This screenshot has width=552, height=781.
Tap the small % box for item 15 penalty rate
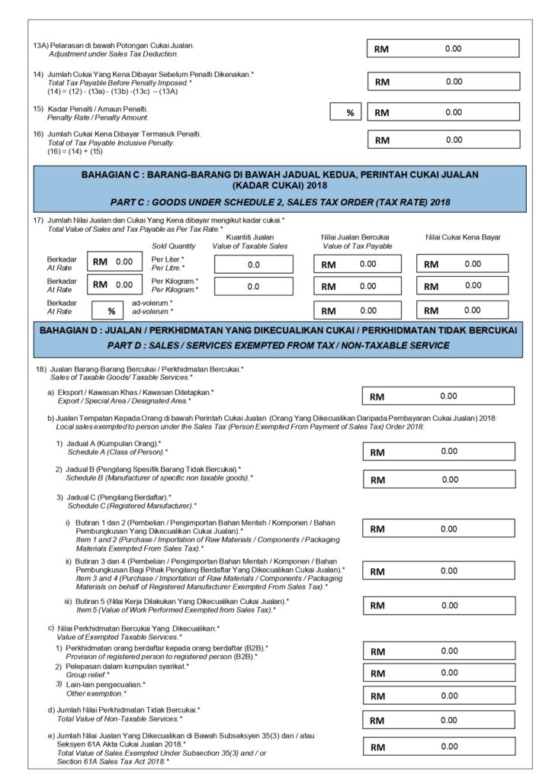click(x=349, y=113)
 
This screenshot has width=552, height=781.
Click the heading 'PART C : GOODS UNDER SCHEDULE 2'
click(x=280, y=202)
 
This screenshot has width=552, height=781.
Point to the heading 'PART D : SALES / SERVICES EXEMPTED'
click(x=280, y=346)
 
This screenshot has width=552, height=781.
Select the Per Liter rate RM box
click(x=114, y=262)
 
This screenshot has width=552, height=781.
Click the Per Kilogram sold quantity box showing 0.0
click(x=254, y=287)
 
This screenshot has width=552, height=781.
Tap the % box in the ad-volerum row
click(x=111, y=310)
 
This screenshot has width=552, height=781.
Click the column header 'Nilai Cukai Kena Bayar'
click(x=463, y=238)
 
